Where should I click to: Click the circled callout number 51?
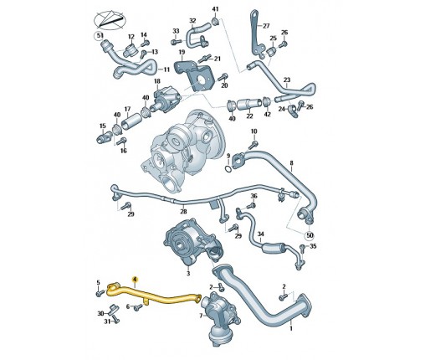[98, 36]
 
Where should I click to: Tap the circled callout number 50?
[310, 235]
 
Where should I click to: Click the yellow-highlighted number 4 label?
[135, 279]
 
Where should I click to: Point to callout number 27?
[266, 26]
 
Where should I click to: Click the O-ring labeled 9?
[228, 169]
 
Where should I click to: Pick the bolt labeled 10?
[253, 145]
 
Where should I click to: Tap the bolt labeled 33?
[174, 42]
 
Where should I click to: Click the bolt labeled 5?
[99, 294]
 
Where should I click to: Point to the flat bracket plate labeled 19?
[195, 75]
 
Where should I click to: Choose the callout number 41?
[215, 9]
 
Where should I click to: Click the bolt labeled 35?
[303, 247]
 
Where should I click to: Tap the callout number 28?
[183, 212]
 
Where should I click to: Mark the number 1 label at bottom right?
[291, 329]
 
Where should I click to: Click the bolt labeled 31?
[115, 320]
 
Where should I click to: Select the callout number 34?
[260, 234]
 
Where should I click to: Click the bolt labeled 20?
[223, 77]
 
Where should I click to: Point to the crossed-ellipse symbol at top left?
[110, 19]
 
